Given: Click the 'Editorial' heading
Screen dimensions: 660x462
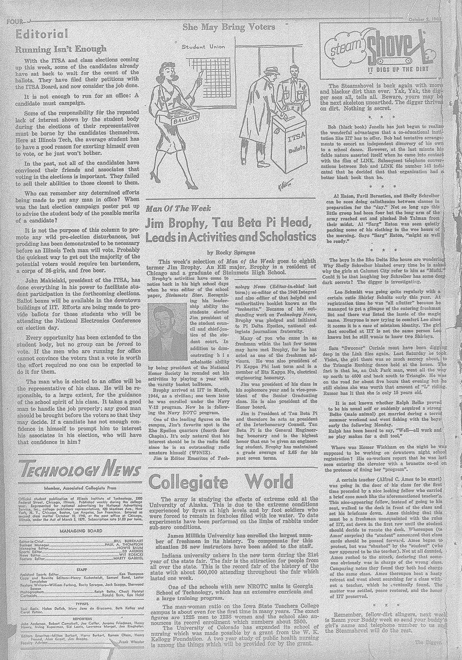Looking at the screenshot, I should click(42, 34).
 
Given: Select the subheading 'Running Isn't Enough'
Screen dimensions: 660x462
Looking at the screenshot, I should click(61, 48).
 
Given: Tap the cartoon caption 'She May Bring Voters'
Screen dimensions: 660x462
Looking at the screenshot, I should click(229, 27).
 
